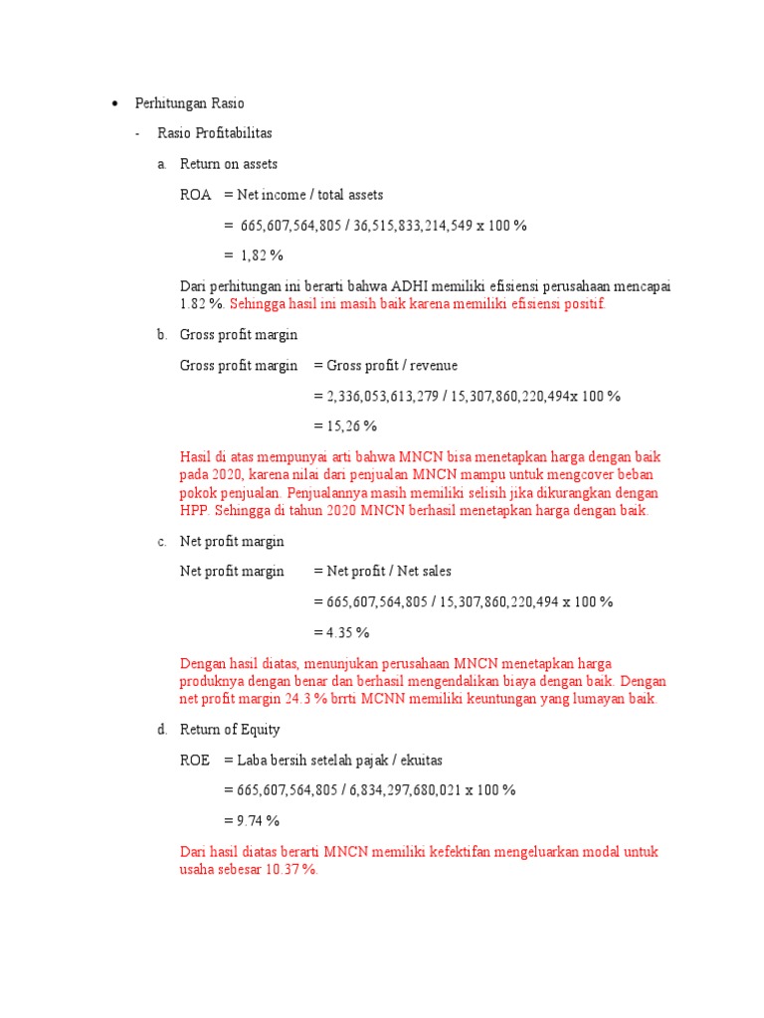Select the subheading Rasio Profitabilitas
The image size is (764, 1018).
coord(215,133)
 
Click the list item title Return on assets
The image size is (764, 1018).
coord(229,164)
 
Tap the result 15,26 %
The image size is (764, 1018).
coord(352,426)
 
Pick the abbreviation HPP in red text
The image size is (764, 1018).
coord(193,511)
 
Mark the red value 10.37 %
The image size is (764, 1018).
coord(290,870)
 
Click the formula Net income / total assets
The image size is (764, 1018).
coord(309,195)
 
